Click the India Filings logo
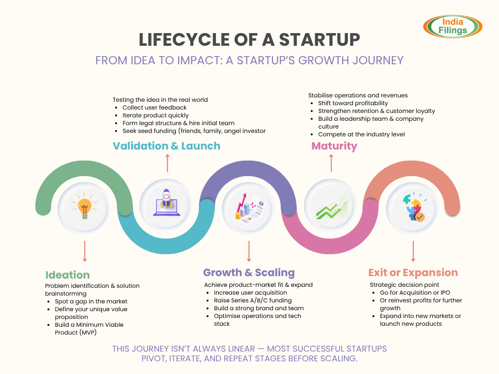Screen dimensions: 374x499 tap(453, 26)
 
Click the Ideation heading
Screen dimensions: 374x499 tap(68, 275)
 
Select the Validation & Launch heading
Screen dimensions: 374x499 tap(167, 146)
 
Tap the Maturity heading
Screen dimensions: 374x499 tap(334, 146)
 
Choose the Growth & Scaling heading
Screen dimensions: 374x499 tap(249, 272)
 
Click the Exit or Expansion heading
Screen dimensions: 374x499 tap(413, 272)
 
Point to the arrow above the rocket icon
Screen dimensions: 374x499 tap(167, 163)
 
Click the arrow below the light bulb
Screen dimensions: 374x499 tap(85, 251)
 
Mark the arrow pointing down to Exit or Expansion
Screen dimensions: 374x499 tap(413, 251)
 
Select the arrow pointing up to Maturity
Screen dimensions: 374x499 tap(331, 163)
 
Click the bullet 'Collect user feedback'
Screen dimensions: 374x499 tap(154, 108)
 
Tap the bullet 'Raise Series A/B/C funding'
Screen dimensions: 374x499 tap(252, 300)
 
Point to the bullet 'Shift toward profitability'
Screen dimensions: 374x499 tap(353, 103)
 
